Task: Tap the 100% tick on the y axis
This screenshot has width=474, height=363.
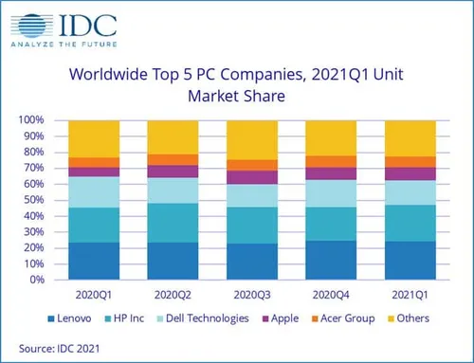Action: point(30,120)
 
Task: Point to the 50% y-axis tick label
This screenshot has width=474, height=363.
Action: point(32,200)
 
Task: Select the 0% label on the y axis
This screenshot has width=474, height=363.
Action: point(36,280)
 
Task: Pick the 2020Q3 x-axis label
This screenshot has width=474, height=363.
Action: point(250,295)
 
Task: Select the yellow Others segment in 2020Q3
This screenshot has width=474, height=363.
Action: point(250,139)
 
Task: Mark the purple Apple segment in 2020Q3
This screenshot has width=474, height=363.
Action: point(250,177)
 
